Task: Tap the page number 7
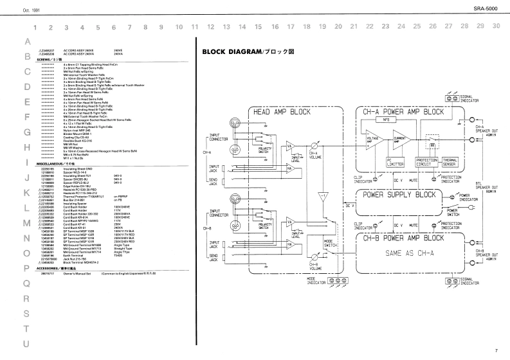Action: tap(496, 351)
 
